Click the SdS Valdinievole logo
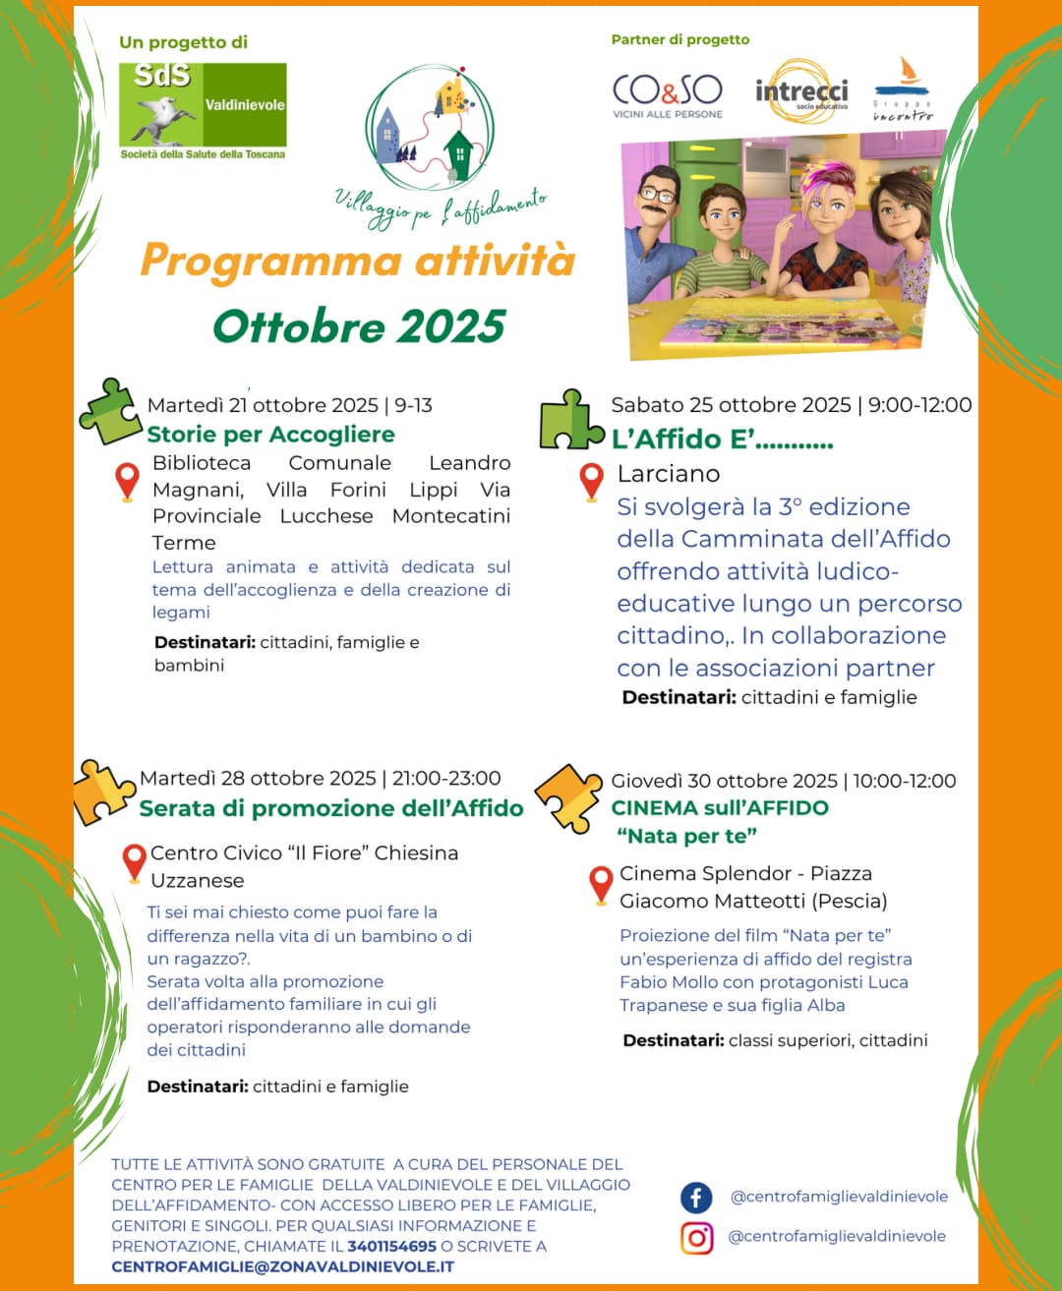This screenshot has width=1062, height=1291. click(x=203, y=105)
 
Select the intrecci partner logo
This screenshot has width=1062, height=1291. click(x=800, y=91)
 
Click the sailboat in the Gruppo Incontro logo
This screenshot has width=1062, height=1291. click(x=909, y=71)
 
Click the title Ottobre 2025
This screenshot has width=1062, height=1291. click(x=359, y=326)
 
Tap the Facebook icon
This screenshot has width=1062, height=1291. click(x=696, y=1197)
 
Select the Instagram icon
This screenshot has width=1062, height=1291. click(x=696, y=1237)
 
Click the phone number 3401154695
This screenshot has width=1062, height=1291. click(x=391, y=1246)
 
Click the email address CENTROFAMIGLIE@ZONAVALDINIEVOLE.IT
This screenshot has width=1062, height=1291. click(x=282, y=1266)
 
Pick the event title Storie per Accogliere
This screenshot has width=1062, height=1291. click(x=270, y=435)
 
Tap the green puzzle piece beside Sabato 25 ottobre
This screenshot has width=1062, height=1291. click(x=570, y=422)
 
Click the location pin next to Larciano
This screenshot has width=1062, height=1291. click(x=591, y=481)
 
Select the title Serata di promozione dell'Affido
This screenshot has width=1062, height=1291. click(x=331, y=808)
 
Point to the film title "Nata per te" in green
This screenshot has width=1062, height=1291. click(x=686, y=837)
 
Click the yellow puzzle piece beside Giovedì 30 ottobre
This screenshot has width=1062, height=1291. click(x=568, y=795)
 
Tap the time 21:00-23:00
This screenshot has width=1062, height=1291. click(x=446, y=778)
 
